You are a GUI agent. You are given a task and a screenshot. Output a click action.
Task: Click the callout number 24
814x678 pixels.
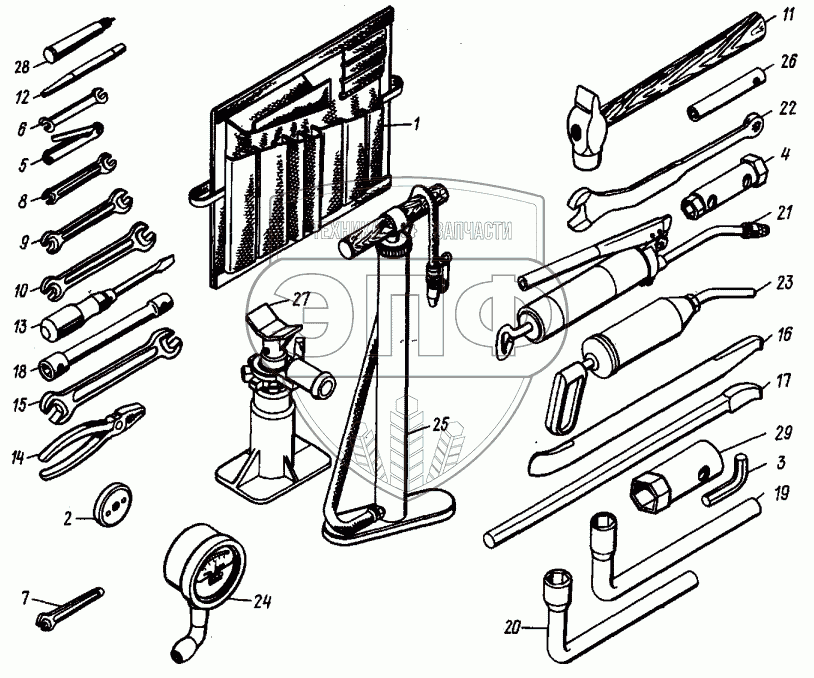(262, 601)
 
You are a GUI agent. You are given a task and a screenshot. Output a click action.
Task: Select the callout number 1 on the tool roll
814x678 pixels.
(419, 125)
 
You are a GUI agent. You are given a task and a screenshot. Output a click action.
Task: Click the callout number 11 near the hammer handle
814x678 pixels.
(788, 15)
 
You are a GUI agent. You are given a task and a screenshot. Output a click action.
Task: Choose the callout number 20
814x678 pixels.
(513, 628)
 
